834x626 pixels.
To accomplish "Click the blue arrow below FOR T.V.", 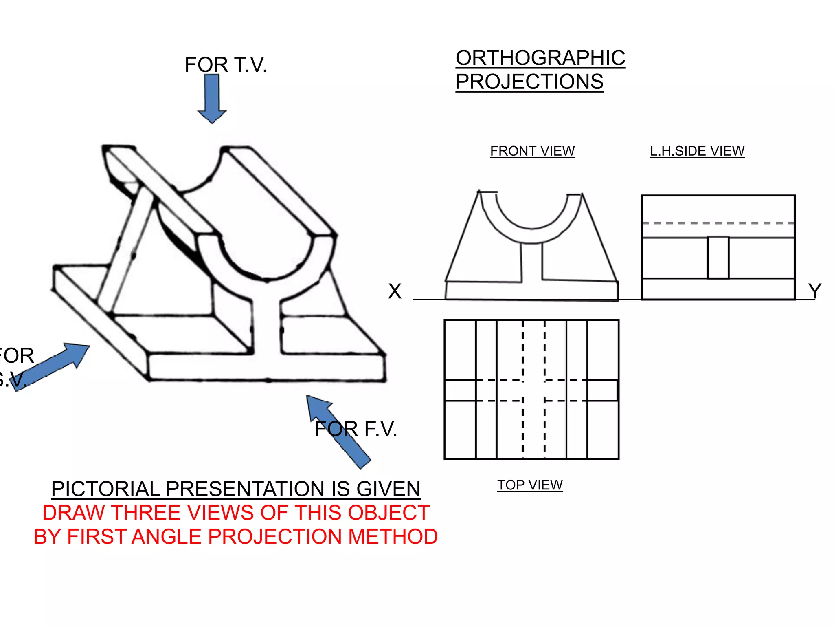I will pyautogui.click(x=212, y=98).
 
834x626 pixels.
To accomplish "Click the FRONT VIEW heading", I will pyautogui.click(x=532, y=151).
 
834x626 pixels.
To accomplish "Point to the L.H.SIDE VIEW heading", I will pyautogui.click(x=697, y=151).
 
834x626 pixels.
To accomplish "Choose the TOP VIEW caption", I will pyautogui.click(x=530, y=485).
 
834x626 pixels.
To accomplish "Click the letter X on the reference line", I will pyautogui.click(x=395, y=291).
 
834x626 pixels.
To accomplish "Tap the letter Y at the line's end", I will pyautogui.click(x=814, y=291).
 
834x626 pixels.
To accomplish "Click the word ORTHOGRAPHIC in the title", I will pyautogui.click(x=540, y=58).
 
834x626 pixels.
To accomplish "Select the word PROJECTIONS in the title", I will pyautogui.click(x=529, y=82).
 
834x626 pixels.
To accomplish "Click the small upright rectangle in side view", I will pyautogui.click(x=718, y=258).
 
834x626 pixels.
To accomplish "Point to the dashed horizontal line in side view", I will pyautogui.click(x=718, y=223).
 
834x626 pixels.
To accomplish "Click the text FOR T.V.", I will pyautogui.click(x=226, y=65).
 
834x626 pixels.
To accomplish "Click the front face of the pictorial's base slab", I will pyautogui.click(x=267, y=367).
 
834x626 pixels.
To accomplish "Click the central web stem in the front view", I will pyautogui.click(x=531, y=263).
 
